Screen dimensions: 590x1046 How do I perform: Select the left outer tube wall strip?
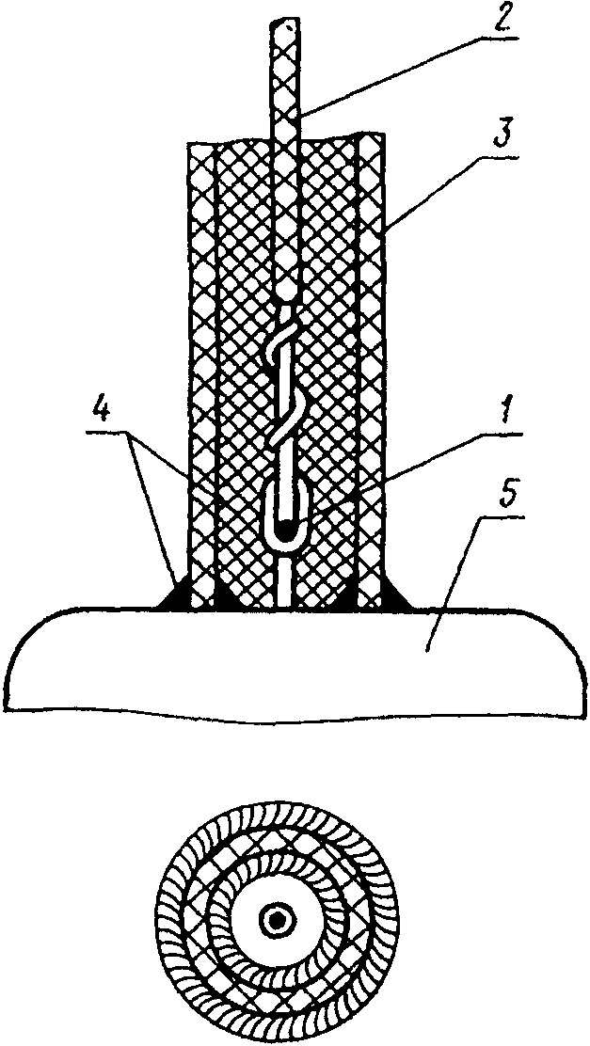[x=201, y=376]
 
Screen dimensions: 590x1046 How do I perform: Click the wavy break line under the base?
[x=282, y=717]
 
